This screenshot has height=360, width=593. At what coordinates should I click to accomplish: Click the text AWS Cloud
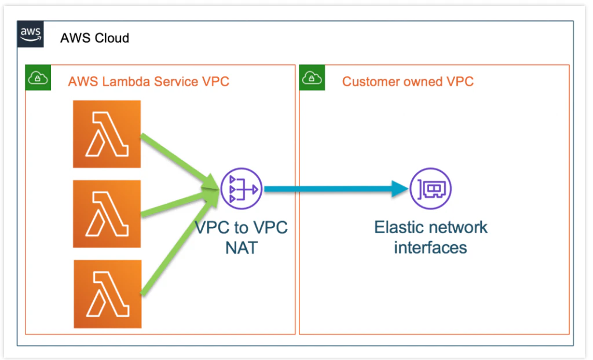(x=94, y=39)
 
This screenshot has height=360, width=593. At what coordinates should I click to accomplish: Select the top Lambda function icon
(x=107, y=134)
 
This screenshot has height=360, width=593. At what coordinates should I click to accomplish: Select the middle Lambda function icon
(x=107, y=214)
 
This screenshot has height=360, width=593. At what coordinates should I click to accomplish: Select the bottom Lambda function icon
(x=108, y=293)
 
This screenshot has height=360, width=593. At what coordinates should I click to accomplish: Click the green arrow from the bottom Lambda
(x=177, y=249)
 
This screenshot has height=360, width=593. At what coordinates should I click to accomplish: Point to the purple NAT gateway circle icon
(x=241, y=189)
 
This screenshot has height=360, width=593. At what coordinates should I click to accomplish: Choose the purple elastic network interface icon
(x=430, y=189)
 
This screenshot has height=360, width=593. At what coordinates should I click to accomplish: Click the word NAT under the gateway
(x=241, y=247)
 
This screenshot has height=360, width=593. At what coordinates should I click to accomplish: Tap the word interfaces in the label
(x=430, y=247)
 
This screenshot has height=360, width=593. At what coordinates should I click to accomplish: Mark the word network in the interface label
(x=460, y=227)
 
